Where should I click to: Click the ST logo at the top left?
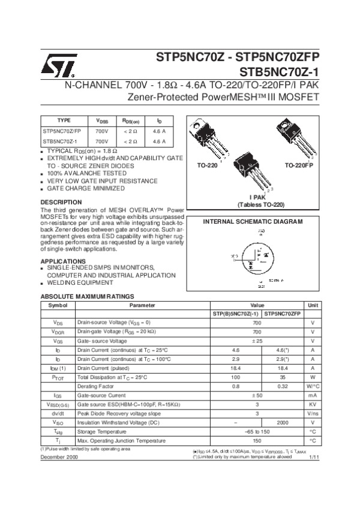coord(58,67)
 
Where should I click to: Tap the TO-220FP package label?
coord(299,164)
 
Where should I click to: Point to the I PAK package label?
coord(258,197)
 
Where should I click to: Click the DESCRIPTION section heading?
coord(61,202)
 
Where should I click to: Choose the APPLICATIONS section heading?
coord(63,261)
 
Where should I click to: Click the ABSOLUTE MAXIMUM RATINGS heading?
coord(87,297)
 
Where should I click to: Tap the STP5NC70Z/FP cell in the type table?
coord(62,130)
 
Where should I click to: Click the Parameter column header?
coord(142,305)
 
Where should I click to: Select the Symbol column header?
coord(58,305)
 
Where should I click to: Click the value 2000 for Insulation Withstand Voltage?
coord(283,422)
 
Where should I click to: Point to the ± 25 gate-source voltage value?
coord(257,341)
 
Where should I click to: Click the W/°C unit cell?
coord(313,387)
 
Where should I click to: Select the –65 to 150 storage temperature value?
coord(257,431)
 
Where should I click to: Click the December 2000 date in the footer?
coord(59,457)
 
